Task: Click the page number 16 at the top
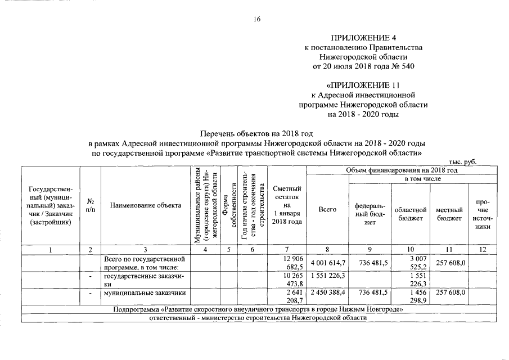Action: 257,19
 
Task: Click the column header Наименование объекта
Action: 146,205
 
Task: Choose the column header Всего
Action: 327,209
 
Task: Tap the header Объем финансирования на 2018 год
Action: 402,169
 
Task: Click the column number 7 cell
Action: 287,250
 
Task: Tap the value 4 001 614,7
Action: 327,263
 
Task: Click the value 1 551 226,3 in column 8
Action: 327,277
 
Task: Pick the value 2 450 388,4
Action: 327,293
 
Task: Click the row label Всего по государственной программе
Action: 141,263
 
